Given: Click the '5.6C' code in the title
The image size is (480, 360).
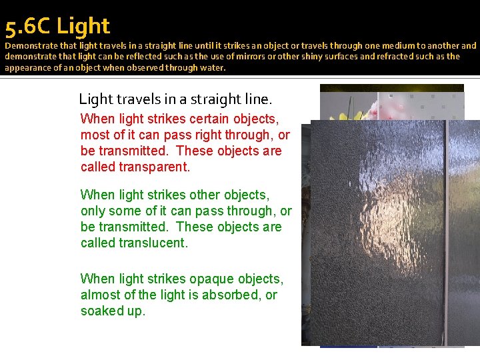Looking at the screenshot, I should tap(27, 27).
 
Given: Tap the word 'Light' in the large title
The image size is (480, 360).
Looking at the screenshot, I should tap(83, 27).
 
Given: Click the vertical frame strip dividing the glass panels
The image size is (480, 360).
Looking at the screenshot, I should tap(445, 233).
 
